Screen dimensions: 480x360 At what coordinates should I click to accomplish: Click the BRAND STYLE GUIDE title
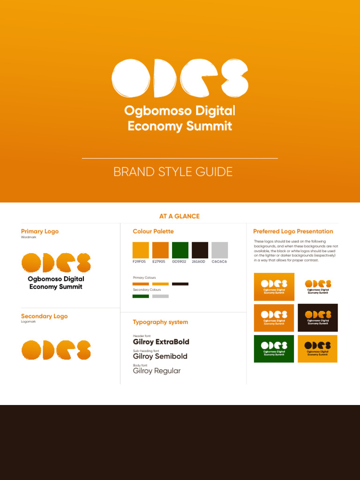click(x=173, y=172)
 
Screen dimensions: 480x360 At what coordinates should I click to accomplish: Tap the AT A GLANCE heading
click(x=180, y=216)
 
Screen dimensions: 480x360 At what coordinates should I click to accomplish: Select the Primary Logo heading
click(x=40, y=231)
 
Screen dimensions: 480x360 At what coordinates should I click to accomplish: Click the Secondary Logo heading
click(x=44, y=316)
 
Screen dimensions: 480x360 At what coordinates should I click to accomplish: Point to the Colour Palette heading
click(x=153, y=231)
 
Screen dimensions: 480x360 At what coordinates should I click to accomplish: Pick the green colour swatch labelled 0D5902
click(x=180, y=250)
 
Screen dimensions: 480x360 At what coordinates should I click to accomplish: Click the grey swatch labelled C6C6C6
click(x=219, y=250)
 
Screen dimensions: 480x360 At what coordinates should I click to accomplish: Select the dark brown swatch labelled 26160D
click(x=200, y=250)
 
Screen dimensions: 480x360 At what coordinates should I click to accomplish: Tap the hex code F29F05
click(x=140, y=262)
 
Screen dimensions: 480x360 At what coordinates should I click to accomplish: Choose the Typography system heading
click(x=160, y=322)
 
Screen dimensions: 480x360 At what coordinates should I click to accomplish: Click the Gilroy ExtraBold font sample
click(x=161, y=342)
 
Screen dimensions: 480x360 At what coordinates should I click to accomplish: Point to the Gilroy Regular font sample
click(x=157, y=371)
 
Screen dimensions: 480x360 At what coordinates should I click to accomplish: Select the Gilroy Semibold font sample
click(x=160, y=356)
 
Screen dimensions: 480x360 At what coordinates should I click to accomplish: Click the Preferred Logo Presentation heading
click(x=293, y=231)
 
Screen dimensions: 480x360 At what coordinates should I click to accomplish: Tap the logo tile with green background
click(x=274, y=349)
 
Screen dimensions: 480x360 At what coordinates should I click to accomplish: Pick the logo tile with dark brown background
click(x=318, y=317)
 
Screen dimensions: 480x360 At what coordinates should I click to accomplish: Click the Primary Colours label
click(x=144, y=277)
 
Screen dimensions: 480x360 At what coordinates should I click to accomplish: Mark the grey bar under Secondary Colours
click(x=160, y=296)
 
